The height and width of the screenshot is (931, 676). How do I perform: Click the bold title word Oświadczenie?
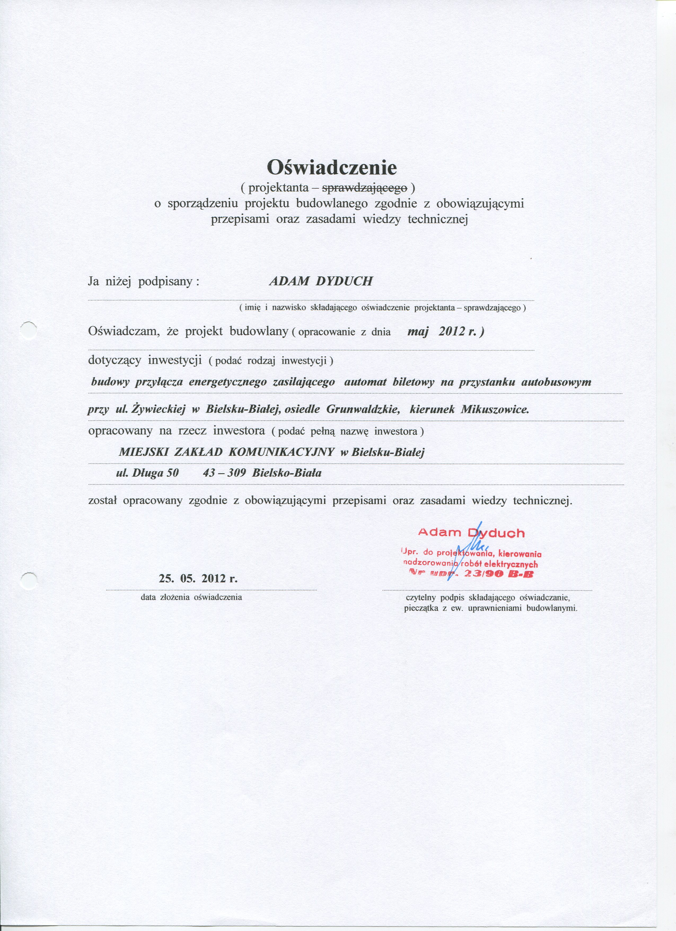tap(332, 167)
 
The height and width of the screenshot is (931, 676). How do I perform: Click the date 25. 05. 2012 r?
tap(198, 579)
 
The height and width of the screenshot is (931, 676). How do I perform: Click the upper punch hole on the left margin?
tap(28, 330)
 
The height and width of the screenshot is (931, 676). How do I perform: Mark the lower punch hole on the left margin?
tap(28, 581)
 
